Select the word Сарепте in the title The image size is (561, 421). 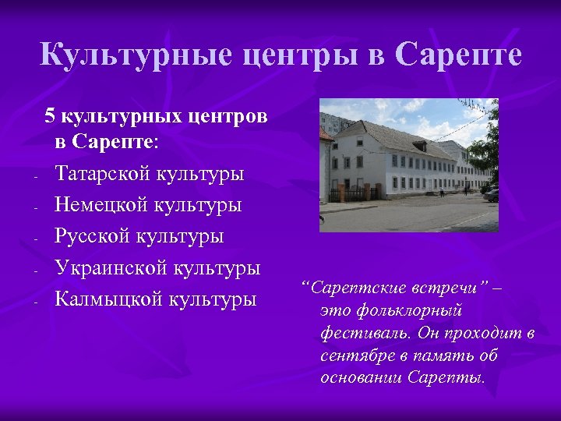pyautogui.click(x=458, y=55)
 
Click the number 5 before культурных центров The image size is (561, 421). pyautogui.click(x=50, y=116)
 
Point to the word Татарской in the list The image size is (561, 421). pyautogui.click(x=103, y=173)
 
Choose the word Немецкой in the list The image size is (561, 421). pyautogui.click(x=102, y=204)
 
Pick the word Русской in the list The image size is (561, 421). pyautogui.click(x=92, y=235)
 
